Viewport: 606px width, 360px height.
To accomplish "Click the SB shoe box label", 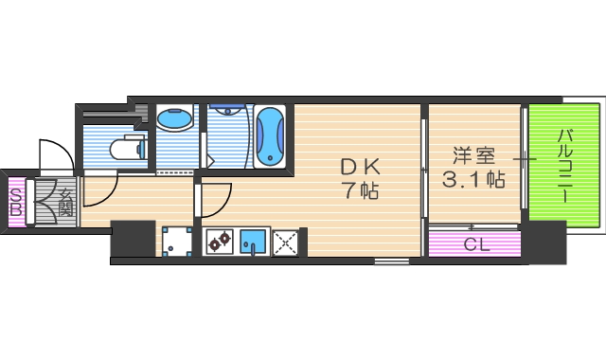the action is [16, 201].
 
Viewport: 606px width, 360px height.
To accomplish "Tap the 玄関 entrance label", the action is [66, 202].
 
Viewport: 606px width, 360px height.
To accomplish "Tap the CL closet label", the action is [474, 243].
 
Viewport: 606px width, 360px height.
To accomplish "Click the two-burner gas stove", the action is [222, 243].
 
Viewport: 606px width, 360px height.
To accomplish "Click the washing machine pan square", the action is [175, 243].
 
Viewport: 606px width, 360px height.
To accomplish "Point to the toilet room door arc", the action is [102, 188].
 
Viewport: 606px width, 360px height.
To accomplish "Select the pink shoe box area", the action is [16, 202].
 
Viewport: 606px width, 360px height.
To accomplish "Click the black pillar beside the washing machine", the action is [133, 240].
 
